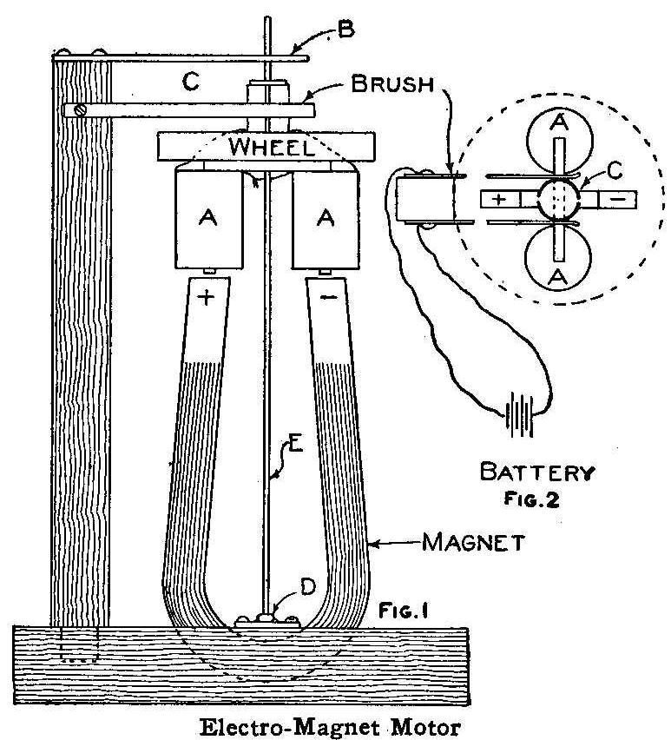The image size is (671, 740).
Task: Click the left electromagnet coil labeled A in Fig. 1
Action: [x=207, y=219]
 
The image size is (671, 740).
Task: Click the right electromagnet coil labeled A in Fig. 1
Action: [x=326, y=219]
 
